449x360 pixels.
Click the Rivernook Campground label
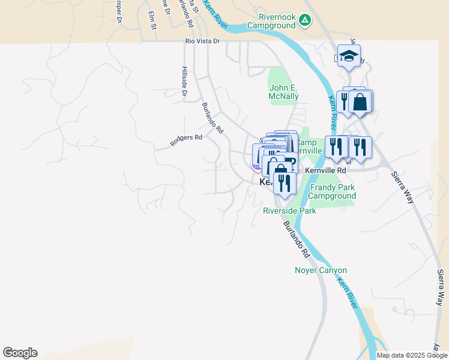tap(277, 21)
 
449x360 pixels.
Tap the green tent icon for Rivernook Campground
tap(305, 21)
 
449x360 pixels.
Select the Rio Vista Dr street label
tap(203, 41)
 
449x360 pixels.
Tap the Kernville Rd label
tap(326, 170)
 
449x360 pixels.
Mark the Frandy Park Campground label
tap(333, 191)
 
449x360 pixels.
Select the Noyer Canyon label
tap(321, 271)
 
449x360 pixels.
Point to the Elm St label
tap(152, 23)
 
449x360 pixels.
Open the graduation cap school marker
tap(349, 56)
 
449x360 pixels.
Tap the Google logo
tap(20, 353)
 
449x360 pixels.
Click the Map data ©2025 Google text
tap(412, 355)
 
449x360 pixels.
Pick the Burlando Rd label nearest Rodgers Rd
tap(212, 117)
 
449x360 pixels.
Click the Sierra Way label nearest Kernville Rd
tap(403, 187)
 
